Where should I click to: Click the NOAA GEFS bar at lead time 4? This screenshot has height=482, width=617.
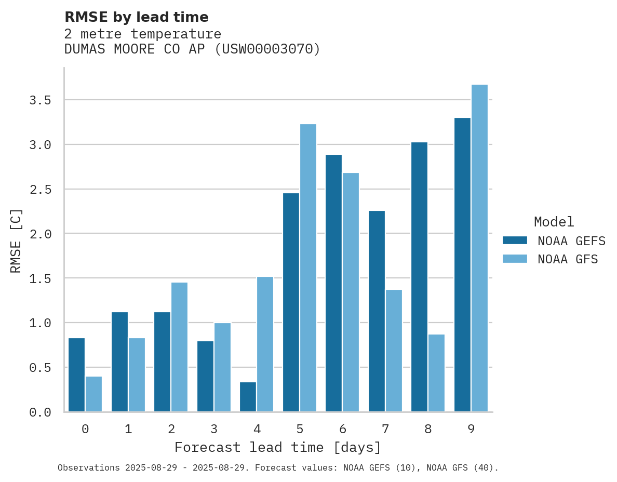click(248, 397)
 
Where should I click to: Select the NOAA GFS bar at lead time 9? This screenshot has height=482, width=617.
click(479, 248)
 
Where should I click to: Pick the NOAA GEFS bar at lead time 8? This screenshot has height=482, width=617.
click(419, 277)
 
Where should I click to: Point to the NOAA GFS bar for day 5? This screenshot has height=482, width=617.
click(308, 268)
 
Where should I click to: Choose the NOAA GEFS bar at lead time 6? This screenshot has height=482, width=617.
click(333, 283)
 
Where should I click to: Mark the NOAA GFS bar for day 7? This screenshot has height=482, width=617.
click(394, 351)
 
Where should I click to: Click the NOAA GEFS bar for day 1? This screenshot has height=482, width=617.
click(119, 362)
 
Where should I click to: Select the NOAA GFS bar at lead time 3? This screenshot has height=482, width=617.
click(222, 367)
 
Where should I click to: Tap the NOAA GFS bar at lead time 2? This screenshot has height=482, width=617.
click(179, 347)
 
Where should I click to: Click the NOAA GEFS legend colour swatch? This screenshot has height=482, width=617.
click(515, 240)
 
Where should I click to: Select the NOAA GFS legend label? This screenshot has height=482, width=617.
click(568, 259)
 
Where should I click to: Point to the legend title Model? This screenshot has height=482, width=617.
click(554, 222)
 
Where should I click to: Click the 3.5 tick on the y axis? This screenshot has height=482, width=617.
click(40, 100)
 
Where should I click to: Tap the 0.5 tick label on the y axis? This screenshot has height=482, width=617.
click(40, 368)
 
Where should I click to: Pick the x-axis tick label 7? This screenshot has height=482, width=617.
click(385, 429)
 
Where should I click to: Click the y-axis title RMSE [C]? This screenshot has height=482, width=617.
click(16, 240)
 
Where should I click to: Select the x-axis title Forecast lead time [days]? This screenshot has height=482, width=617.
click(278, 447)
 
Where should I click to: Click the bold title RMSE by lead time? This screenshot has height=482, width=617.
click(136, 17)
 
